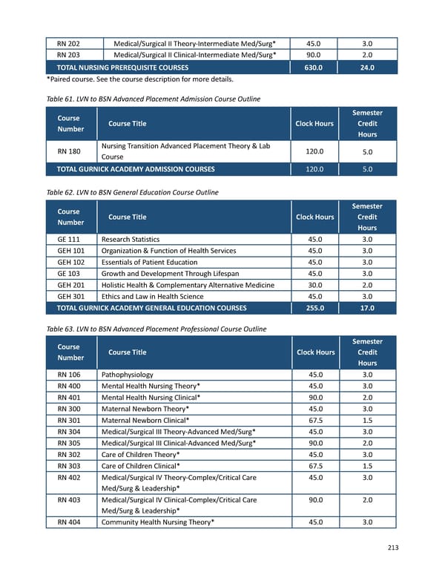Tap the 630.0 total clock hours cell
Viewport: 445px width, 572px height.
(314, 68)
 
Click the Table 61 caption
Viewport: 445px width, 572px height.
(153, 99)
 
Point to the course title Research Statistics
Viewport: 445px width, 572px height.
(131, 240)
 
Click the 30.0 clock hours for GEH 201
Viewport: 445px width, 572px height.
(314, 285)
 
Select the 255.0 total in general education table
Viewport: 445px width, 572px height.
(314, 308)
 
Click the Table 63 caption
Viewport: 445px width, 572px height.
(156, 329)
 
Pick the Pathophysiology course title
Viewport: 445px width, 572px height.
(128, 375)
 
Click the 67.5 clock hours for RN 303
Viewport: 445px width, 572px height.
(314, 466)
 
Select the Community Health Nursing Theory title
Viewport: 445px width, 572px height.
(158, 522)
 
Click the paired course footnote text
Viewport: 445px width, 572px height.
(139, 79)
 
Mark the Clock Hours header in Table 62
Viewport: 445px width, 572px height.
(314, 217)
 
